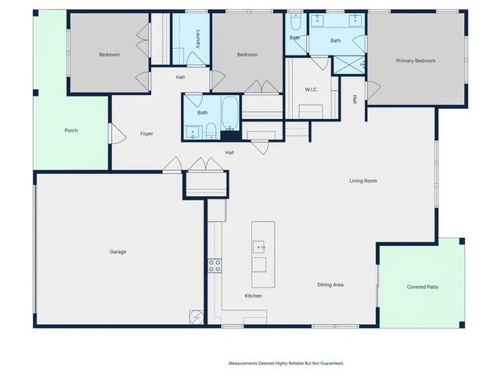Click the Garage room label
coord(117,251)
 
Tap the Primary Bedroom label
coord(415,60)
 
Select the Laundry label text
coord(199,39)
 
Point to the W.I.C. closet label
coord(310,89)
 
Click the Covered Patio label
coord(422,287)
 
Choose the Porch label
coord(70,130)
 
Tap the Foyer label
coord(146,134)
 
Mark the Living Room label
coord(363,181)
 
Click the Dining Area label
coord(330,284)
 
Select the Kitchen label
coord(253,295)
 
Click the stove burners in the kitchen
coord(214,266)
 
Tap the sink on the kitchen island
coord(260,247)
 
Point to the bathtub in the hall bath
coord(231,114)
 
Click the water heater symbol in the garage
coord(196,316)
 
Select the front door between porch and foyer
coord(117,134)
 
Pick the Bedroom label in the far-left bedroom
coord(109,55)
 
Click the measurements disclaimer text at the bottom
coord(286,363)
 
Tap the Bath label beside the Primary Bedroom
coord(335,41)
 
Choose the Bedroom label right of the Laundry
coord(247,55)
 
